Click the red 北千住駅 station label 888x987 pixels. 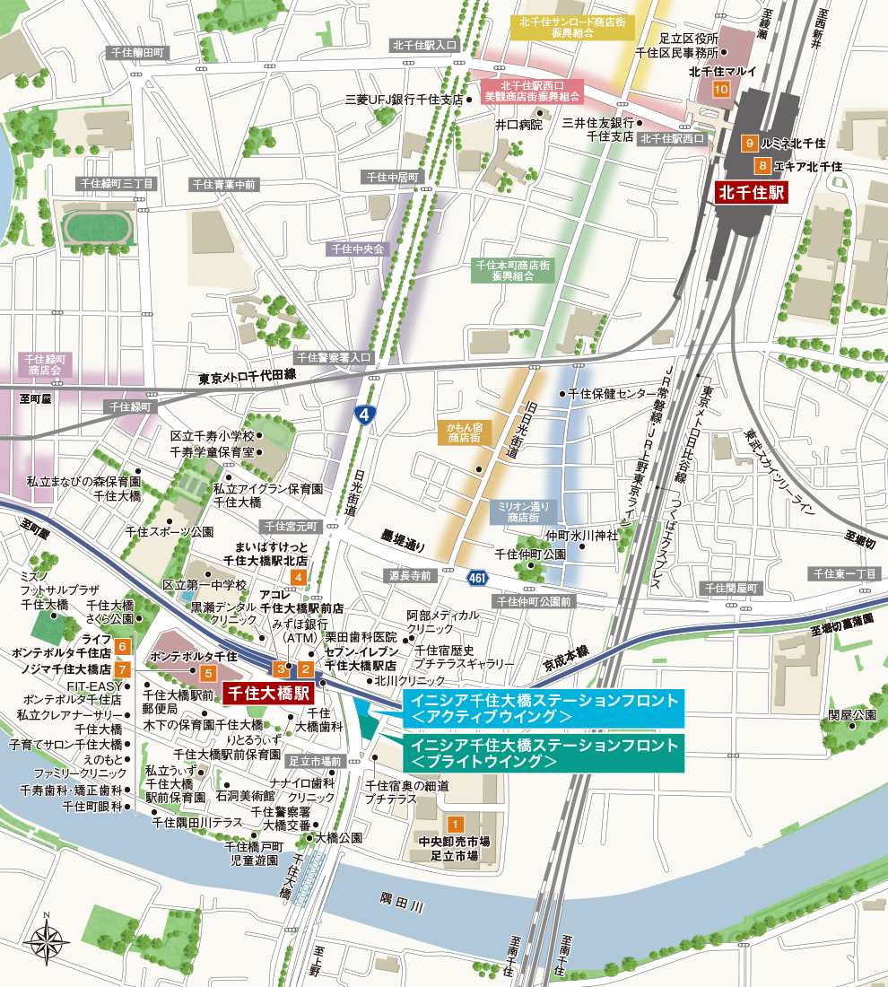pyautogui.click(x=751, y=192)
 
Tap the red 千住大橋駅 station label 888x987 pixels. pyautogui.click(x=266, y=693)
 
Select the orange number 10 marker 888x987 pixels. pyautogui.click(x=721, y=90)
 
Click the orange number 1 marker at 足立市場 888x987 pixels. pyautogui.click(x=455, y=824)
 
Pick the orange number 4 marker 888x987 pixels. pyautogui.click(x=297, y=577)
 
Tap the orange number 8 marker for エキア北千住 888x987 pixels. pyautogui.click(x=762, y=166)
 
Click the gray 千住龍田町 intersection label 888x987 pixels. pyautogui.click(x=138, y=53)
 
